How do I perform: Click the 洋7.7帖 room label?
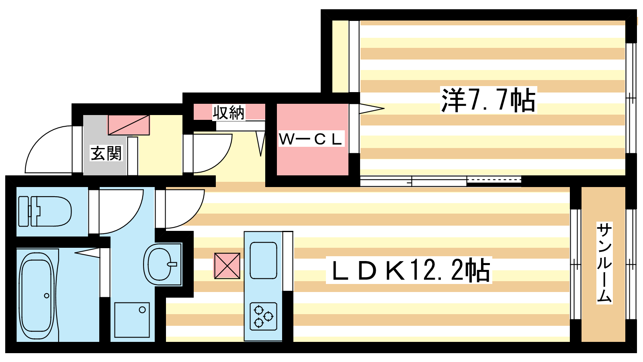coord(488,100)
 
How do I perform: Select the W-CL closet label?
coord(311,139)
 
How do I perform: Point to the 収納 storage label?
coord(229,112)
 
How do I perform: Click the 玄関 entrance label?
coord(106,153)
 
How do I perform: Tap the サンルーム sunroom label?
coord(604,263)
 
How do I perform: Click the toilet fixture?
coord(45,212)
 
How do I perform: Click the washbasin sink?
coord(162,264)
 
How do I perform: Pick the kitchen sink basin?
coord(263,260)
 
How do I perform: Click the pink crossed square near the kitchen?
coord(227,266)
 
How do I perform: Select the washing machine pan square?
coord(132,320)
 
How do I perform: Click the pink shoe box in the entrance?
coord(129,125)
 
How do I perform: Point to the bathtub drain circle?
coord(47,296)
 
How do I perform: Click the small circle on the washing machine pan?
coord(142,310)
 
